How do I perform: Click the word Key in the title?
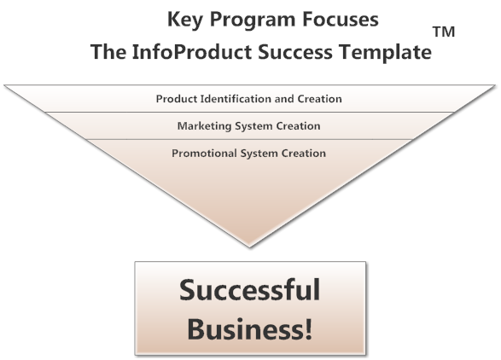click(184, 20)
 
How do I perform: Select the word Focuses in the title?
click(341, 19)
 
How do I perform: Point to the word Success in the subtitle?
click(295, 52)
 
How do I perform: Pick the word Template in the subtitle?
click(385, 52)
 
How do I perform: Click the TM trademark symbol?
click(444, 32)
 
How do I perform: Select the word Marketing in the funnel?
click(205, 126)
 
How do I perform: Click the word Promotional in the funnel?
click(205, 154)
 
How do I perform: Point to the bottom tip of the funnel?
click(249, 247)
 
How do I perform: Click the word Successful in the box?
click(249, 290)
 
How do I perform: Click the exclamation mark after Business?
click(308, 329)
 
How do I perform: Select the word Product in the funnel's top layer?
click(177, 99)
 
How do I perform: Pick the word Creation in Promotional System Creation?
click(304, 154)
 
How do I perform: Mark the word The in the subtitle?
click(108, 52)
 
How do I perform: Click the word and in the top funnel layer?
click(284, 99)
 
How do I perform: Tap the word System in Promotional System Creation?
click(259, 154)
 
